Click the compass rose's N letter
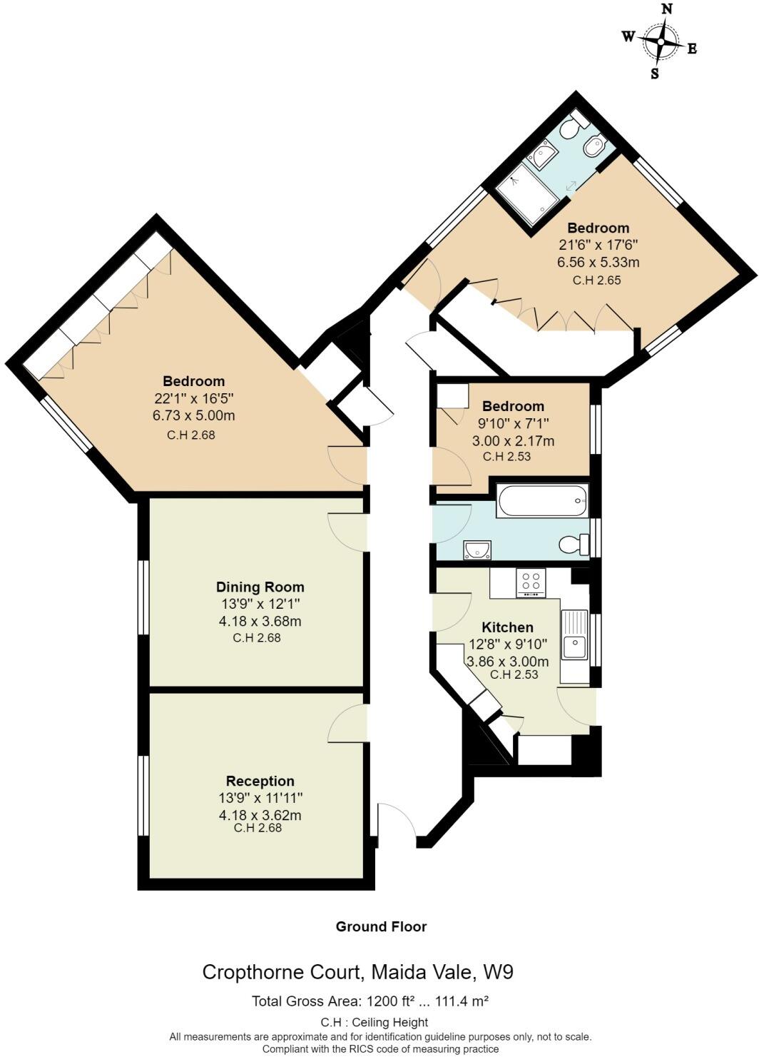(667, 9)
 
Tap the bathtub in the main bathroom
(543, 500)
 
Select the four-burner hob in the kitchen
(531, 582)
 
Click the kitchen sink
(574, 647)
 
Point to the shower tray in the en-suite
(528, 195)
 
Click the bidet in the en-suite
(594, 148)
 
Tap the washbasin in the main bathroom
(477, 550)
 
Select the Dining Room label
(260, 587)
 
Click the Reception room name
(260, 781)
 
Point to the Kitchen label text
(507, 627)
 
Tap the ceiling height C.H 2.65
(597, 280)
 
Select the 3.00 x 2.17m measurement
(513, 441)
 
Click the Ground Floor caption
(381, 926)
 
